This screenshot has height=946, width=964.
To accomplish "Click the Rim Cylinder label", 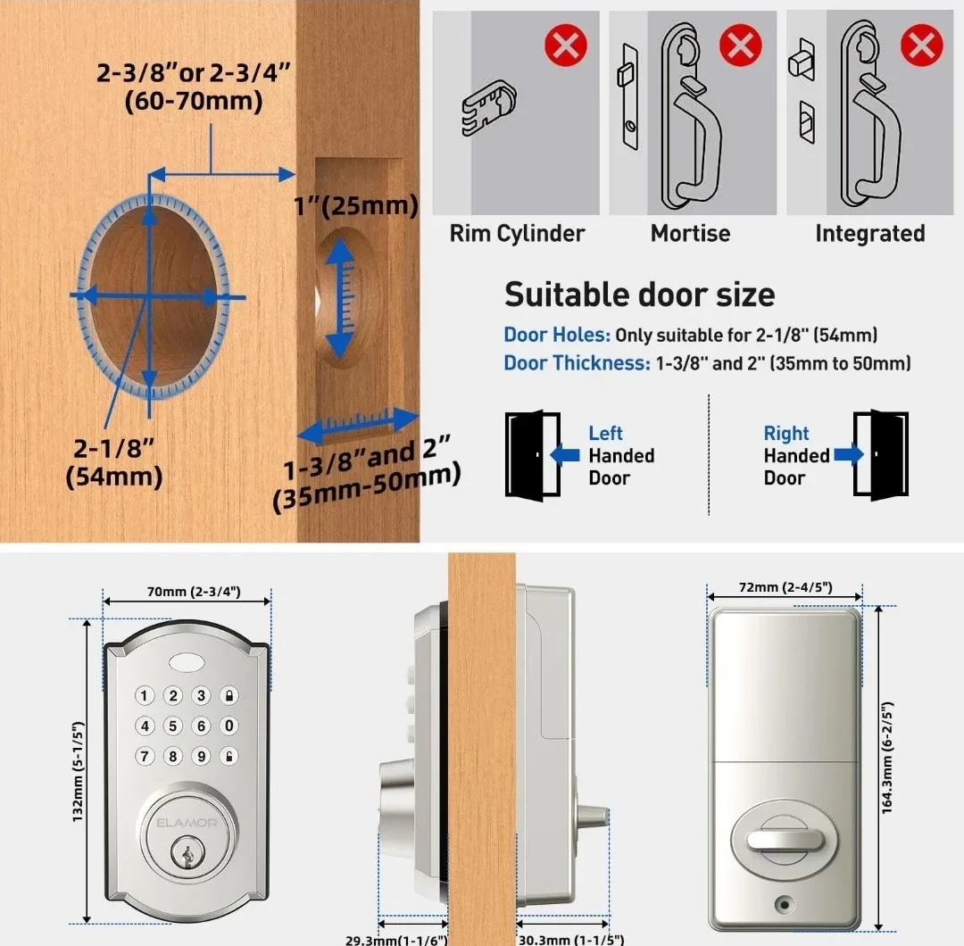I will pyautogui.click(x=517, y=234).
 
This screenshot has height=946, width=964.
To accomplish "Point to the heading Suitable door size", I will pyautogui.click(x=639, y=295).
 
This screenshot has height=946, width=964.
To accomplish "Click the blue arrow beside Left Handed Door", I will pyautogui.click(x=564, y=455).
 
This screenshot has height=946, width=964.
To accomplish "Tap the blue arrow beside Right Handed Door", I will pyautogui.click(x=849, y=455).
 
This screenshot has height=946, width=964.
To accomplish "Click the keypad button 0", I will pyautogui.click(x=230, y=726).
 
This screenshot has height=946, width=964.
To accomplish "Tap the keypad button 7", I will pyautogui.click(x=145, y=757).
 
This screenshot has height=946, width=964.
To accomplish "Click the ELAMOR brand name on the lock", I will pyautogui.click(x=187, y=823).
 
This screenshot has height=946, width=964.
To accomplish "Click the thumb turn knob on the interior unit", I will pyautogui.click(x=784, y=841).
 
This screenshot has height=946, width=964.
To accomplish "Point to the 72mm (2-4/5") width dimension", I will pyautogui.click(x=785, y=586).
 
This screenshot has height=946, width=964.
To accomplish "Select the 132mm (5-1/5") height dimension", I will pyautogui.click(x=78, y=771).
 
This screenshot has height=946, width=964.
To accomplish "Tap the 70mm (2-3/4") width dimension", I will pyautogui.click(x=188, y=592).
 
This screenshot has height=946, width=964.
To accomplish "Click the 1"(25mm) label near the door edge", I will pyautogui.click(x=356, y=207).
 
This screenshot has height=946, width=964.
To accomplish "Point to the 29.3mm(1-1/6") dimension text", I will pyautogui.click(x=396, y=939).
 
